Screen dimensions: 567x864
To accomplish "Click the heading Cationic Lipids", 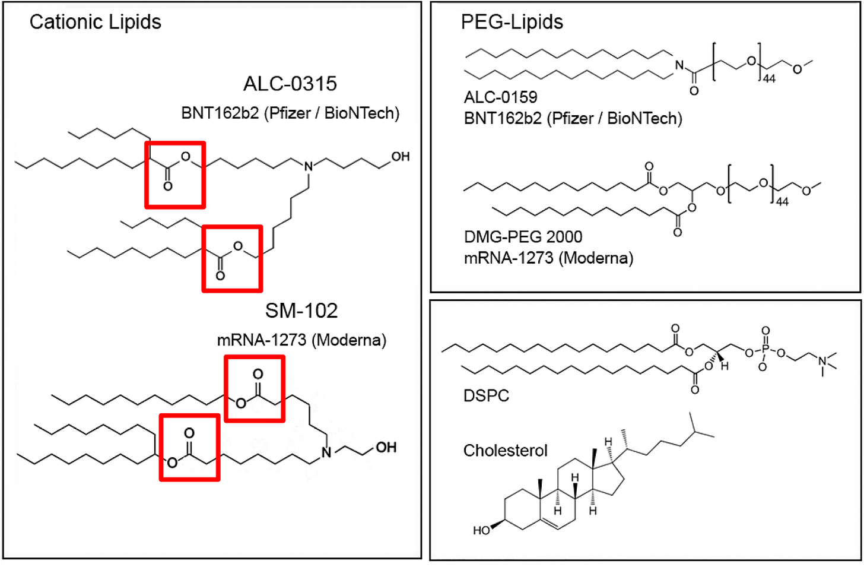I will pyautogui.click(x=95, y=22).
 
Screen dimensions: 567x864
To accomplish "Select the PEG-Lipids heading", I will pyautogui.click(x=512, y=22).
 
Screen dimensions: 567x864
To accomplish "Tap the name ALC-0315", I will pyautogui.click(x=290, y=84).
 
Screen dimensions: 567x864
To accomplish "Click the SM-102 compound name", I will pyautogui.click(x=301, y=311).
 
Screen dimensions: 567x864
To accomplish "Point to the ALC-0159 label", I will pyautogui.click(x=500, y=97).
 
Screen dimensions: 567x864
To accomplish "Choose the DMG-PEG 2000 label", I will pyautogui.click(x=523, y=237).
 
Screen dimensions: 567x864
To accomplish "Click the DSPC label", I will pyautogui.click(x=486, y=395).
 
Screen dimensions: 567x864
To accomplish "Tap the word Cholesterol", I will pyautogui.click(x=505, y=451).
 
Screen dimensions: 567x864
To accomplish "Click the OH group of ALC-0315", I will pyautogui.click(x=400, y=157).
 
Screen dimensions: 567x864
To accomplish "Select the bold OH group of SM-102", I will pyautogui.click(x=386, y=447).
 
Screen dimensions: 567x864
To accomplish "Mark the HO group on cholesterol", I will pyautogui.click(x=481, y=530).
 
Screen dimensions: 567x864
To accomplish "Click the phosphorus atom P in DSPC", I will pyautogui.click(x=765, y=350).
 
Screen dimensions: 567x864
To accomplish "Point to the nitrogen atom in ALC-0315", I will pyautogui.click(x=309, y=167).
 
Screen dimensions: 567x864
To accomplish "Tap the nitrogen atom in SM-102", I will pyautogui.click(x=326, y=453).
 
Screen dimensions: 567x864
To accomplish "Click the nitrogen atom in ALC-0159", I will pyautogui.click(x=679, y=66).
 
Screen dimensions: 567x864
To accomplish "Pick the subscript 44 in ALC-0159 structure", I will pyautogui.click(x=769, y=79).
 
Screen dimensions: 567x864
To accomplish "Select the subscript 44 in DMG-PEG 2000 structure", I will pyautogui.click(x=782, y=202).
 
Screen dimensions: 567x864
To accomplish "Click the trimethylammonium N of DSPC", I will pyautogui.click(x=822, y=361).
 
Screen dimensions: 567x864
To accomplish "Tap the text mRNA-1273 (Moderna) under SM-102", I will pyautogui.click(x=301, y=340).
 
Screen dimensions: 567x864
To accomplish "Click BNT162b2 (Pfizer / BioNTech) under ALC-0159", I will pyautogui.click(x=573, y=119).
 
